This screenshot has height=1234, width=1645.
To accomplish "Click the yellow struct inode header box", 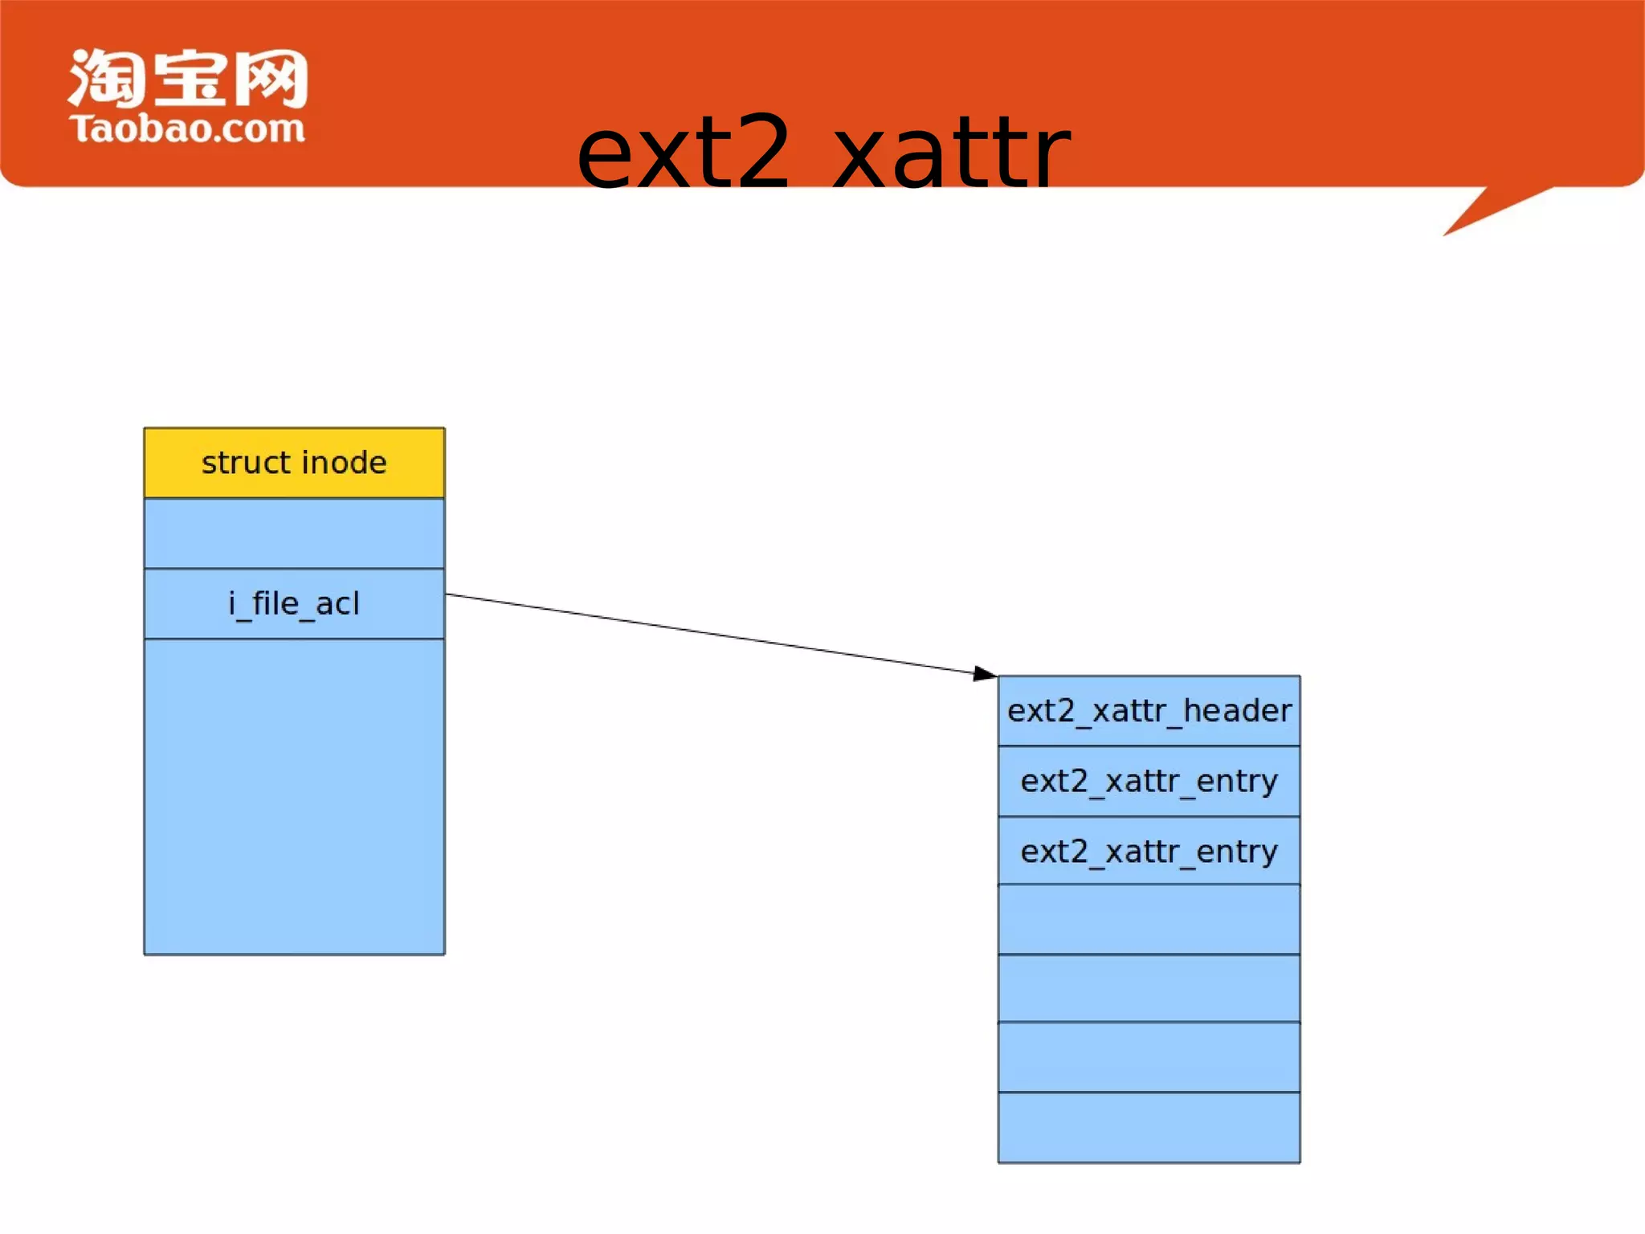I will [294, 463].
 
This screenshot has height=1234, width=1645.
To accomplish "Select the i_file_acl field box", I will [294, 603].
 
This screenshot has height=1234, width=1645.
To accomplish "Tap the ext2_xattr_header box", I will [1149, 711].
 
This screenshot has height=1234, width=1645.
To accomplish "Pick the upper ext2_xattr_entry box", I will [1149, 781].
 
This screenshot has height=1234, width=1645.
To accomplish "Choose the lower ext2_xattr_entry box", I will [1149, 851].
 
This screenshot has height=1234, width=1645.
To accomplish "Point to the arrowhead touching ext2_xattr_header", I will [985, 673].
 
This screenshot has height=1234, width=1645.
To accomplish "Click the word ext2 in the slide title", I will [684, 153].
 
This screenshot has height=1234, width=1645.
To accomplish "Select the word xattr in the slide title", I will [951, 153].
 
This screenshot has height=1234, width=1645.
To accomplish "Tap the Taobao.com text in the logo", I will [187, 129].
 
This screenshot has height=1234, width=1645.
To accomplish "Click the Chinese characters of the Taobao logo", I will [188, 78].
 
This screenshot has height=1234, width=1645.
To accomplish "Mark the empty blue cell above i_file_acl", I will [294, 533].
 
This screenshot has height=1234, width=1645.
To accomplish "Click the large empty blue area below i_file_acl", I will [294, 795].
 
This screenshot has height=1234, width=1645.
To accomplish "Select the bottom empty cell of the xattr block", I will [1149, 1127].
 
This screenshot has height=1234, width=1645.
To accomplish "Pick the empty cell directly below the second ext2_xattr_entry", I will [1149, 919].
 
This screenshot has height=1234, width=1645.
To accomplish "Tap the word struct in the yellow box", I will [246, 463].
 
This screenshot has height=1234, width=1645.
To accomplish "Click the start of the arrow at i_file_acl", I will [450, 595].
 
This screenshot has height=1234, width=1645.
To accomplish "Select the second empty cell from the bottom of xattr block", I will [1149, 1057].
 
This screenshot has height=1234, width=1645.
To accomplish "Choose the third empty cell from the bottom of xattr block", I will [1149, 988].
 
